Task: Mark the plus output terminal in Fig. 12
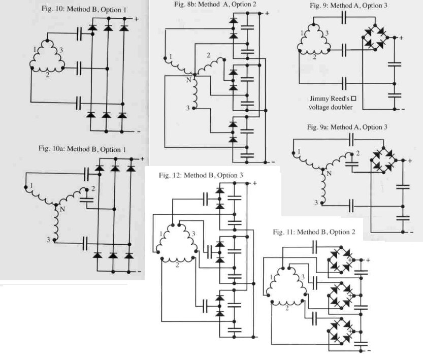(254, 183)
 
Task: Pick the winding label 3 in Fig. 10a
(49, 239)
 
